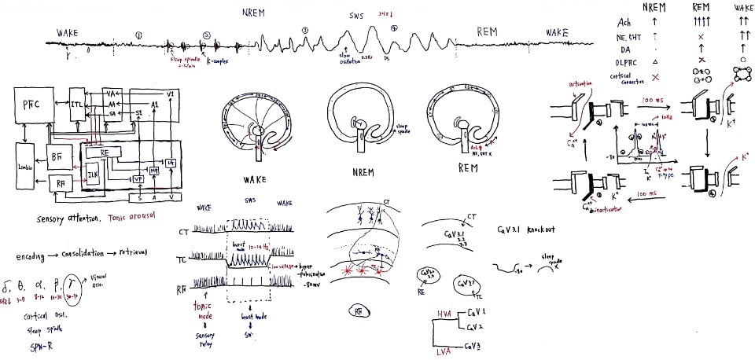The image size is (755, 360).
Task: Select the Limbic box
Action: (24, 167)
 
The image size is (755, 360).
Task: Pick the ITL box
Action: (77, 105)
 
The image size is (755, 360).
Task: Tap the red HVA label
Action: (447, 313)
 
